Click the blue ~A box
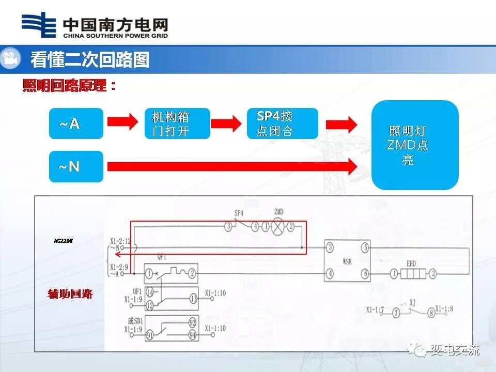tap(76, 123)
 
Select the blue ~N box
tap(76, 166)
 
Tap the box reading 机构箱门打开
tap(177, 123)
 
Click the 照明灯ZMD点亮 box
tap(415, 145)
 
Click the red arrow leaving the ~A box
tap(122, 122)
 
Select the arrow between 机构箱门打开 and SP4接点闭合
tap(226, 123)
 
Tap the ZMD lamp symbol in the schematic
tap(278, 226)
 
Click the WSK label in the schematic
tap(346, 262)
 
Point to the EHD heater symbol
tap(411, 273)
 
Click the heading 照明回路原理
tap(69, 86)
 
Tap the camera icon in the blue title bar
tap(10, 59)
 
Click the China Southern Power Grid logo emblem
tap(39, 24)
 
